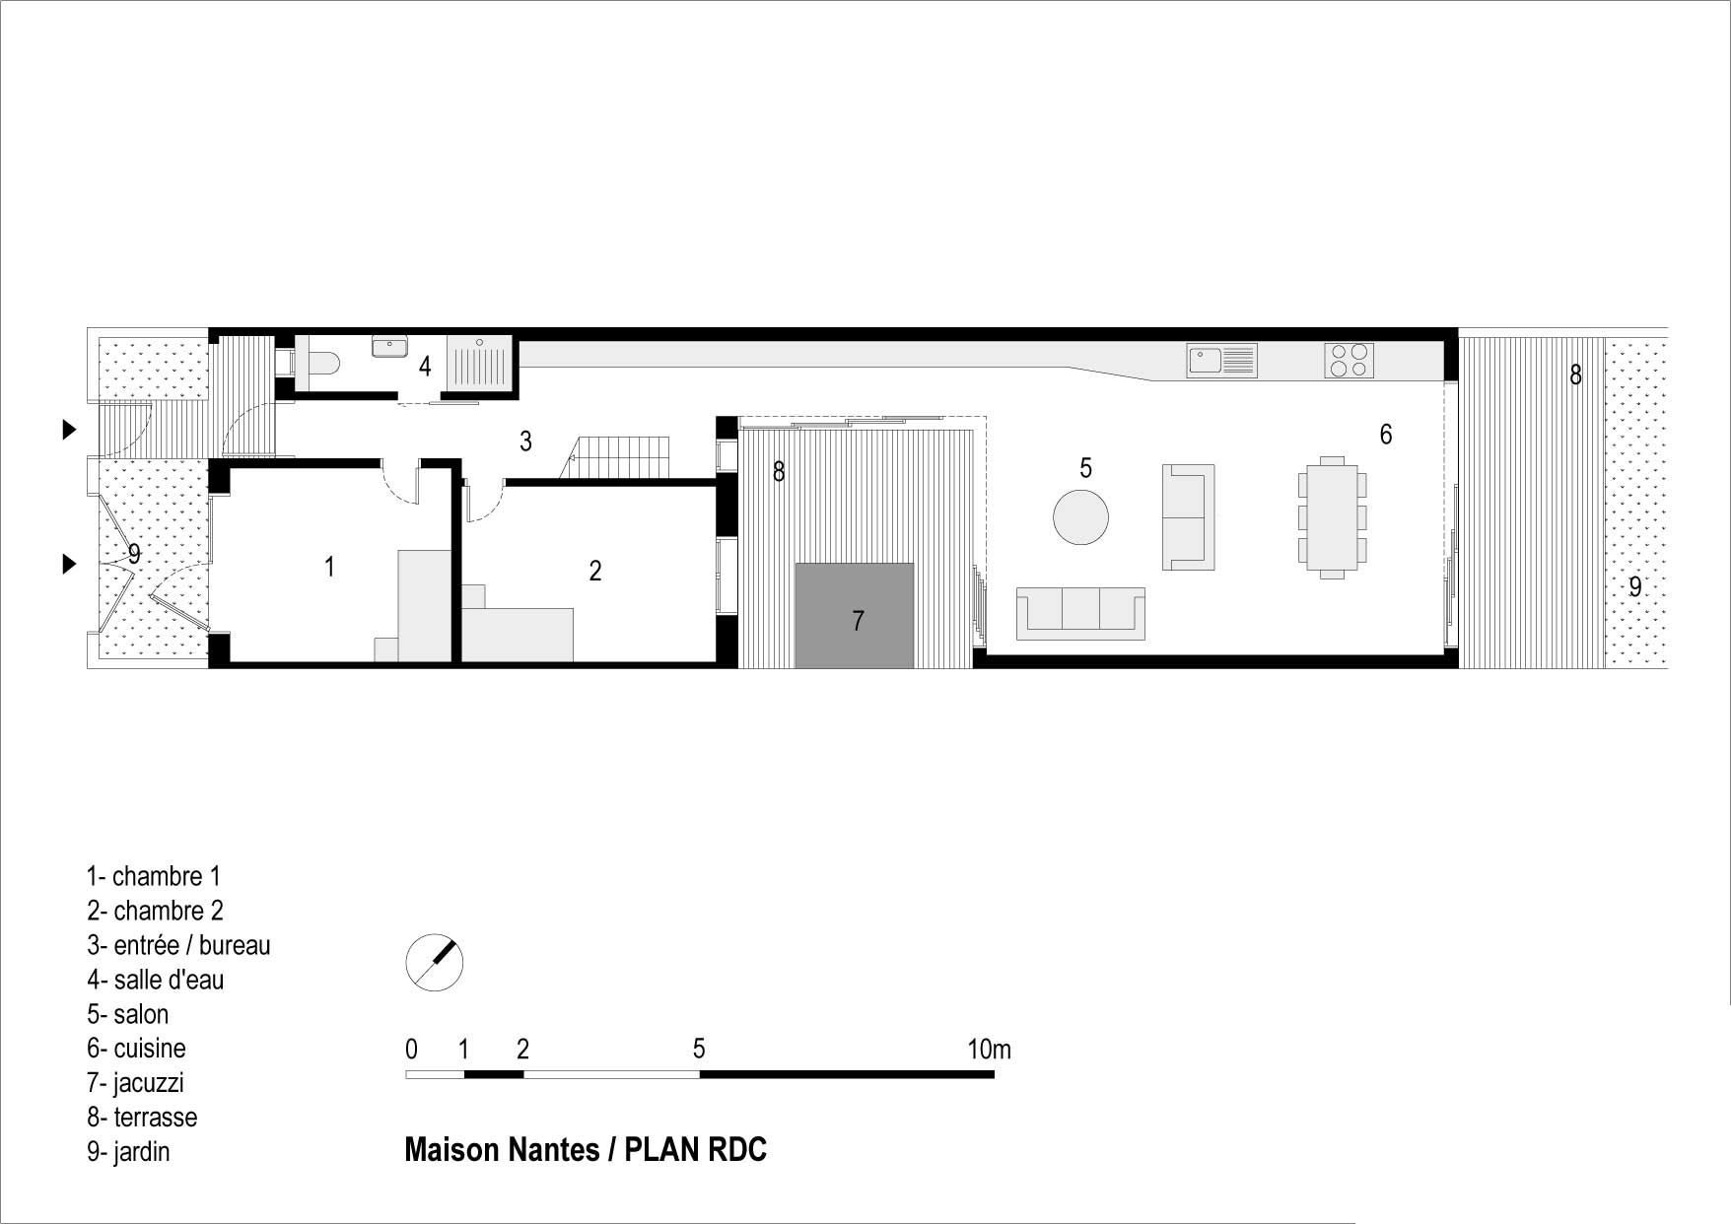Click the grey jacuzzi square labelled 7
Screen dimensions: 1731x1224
tap(855, 616)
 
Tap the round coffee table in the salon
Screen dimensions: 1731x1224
tap(1081, 517)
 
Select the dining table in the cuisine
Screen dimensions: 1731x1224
tap(1332, 517)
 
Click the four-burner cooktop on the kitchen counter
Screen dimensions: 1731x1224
tap(1350, 360)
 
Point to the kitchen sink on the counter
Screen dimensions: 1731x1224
tap(1222, 360)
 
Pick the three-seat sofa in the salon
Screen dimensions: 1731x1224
tap(1080, 614)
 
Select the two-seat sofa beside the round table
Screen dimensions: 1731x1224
tap(1189, 517)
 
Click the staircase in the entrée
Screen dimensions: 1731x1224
tap(616, 457)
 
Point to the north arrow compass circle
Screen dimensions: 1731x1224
tap(435, 963)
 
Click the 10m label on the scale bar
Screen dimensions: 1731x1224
tap(989, 1050)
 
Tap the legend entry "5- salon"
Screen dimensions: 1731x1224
tap(128, 1014)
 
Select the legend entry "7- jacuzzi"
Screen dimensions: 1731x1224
tap(135, 1083)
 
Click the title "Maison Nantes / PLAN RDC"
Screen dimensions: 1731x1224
tap(586, 1150)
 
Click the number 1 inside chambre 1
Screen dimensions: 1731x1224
tap(329, 567)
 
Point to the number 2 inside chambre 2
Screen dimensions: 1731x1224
tap(594, 571)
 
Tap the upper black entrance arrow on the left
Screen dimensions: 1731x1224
tap(69, 429)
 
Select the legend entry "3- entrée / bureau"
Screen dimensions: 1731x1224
tap(178, 945)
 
